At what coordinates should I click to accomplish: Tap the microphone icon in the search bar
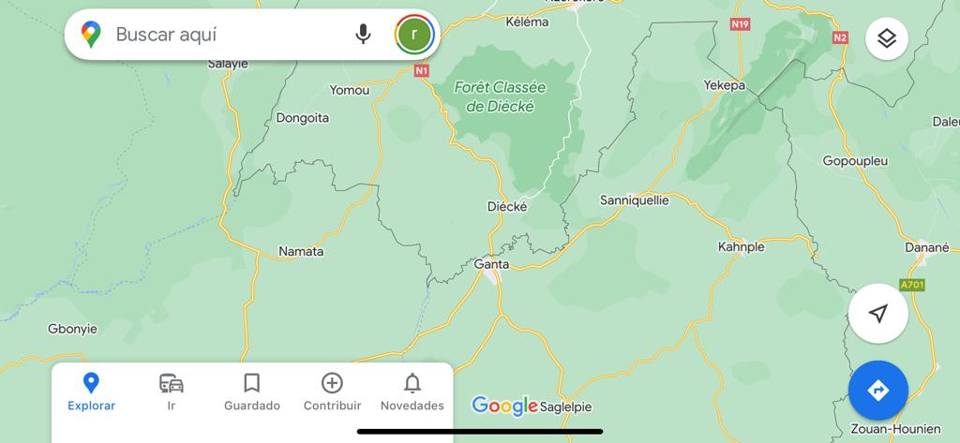pyautogui.click(x=363, y=35)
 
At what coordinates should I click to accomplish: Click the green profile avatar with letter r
pyautogui.click(x=414, y=35)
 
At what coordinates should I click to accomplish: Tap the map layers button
pyautogui.click(x=886, y=38)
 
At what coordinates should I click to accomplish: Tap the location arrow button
pyautogui.click(x=877, y=314)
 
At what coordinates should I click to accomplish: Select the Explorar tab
pyautogui.click(x=91, y=391)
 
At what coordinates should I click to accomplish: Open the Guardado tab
pyautogui.click(x=251, y=391)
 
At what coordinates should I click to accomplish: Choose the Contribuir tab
pyautogui.click(x=332, y=391)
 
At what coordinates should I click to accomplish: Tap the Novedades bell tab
pyautogui.click(x=412, y=391)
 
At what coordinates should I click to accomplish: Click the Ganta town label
pyautogui.click(x=492, y=264)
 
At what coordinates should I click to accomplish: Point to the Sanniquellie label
pyautogui.click(x=634, y=199)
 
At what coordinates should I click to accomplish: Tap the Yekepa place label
pyautogui.click(x=724, y=85)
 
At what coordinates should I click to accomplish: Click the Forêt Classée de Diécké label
pyautogui.click(x=500, y=96)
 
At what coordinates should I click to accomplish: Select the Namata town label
pyautogui.click(x=301, y=251)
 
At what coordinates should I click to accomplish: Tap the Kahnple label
pyautogui.click(x=741, y=247)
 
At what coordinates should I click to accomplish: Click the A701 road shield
pyautogui.click(x=911, y=285)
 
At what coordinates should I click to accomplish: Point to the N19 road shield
pyautogui.click(x=742, y=23)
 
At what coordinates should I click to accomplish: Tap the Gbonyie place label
pyautogui.click(x=73, y=329)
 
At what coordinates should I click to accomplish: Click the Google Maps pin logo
pyautogui.click(x=91, y=35)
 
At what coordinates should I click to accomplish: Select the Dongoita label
pyautogui.click(x=303, y=118)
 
